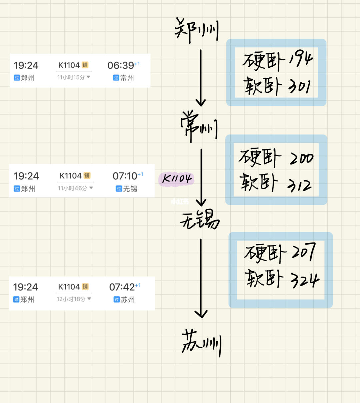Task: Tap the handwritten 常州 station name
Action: pos(199,127)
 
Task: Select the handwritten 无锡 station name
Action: pos(200,220)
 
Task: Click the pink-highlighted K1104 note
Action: pos(176,179)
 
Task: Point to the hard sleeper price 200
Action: pos(302,158)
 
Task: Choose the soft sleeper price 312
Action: pos(299,184)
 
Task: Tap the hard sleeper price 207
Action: pos(303,253)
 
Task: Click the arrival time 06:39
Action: pos(121,65)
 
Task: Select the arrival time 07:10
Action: pos(125,176)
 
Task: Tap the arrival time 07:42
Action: pos(122,287)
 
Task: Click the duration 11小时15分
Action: pos(71,77)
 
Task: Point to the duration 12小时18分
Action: pos(71,299)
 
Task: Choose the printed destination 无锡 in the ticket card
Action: pos(130,189)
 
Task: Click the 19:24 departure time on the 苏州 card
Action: pos(25,287)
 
